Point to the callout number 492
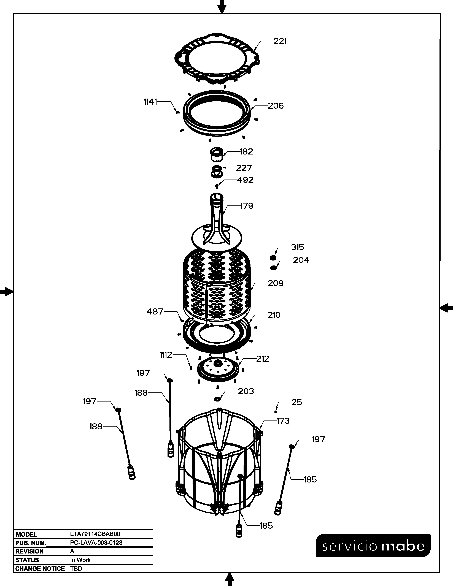245,180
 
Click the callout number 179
247,206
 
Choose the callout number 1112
166,355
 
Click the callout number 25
296,402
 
